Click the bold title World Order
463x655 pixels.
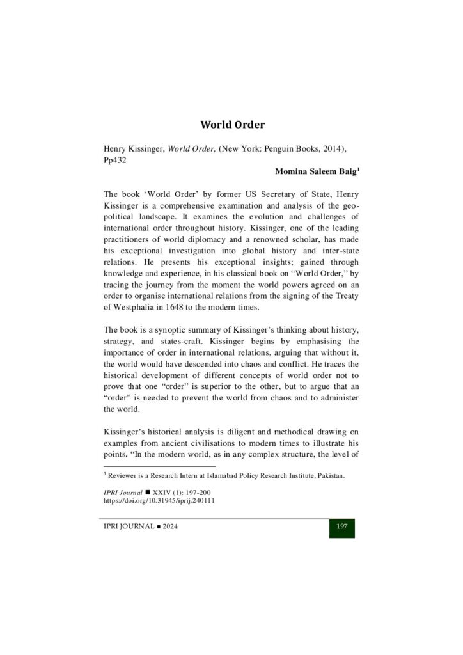pyautogui.click(x=232, y=124)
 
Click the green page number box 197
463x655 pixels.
pyautogui.click(x=341, y=526)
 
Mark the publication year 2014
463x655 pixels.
pyautogui.click(x=334, y=149)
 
